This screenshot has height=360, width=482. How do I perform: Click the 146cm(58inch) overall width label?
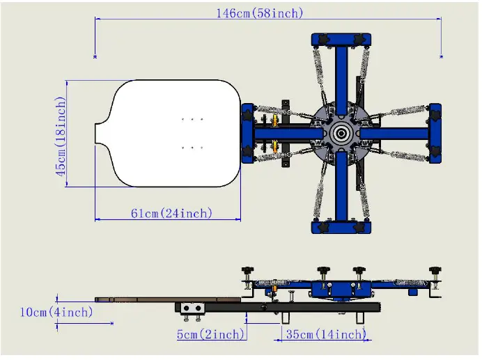[x=259, y=13]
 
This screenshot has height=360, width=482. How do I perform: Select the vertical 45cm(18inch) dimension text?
[x=61, y=136]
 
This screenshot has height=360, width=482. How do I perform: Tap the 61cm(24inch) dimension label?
[x=171, y=213]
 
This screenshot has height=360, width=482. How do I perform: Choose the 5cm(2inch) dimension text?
[x=210, y=334]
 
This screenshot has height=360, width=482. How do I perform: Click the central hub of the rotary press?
[x=341, y=132]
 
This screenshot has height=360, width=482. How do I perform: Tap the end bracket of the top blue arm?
[x=341, y=40]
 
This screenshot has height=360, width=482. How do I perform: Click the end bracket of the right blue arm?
[x=435, y=132]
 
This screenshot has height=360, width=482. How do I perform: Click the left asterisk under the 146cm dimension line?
[x=95, y=56]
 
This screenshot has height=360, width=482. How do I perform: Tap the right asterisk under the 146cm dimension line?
[x=442, y=56]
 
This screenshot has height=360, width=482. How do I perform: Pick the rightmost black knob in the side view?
[x=436, y=270]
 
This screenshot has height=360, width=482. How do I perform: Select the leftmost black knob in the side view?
[x=247, y=270]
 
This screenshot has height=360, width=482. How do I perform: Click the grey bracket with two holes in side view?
[x=192, y=308]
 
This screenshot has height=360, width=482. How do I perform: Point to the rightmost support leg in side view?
[x=359, y=317]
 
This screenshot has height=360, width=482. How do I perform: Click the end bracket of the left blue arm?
[x=247, y=132]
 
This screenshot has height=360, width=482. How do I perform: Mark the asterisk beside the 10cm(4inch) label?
[x=112, y=323]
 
